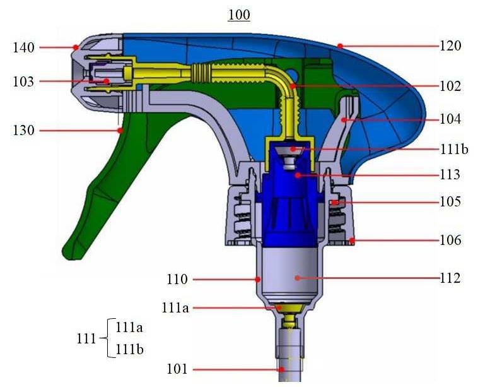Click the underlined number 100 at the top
click(239, 15)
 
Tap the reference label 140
click(23, 47)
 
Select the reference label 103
click(23, 81)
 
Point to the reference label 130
click(23, 131)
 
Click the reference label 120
click(450, 46)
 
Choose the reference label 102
click(450, 86)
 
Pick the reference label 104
click(450, 119)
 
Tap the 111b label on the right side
click(454, 150)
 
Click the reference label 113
click(450, 175)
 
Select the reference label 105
click(450, 201)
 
